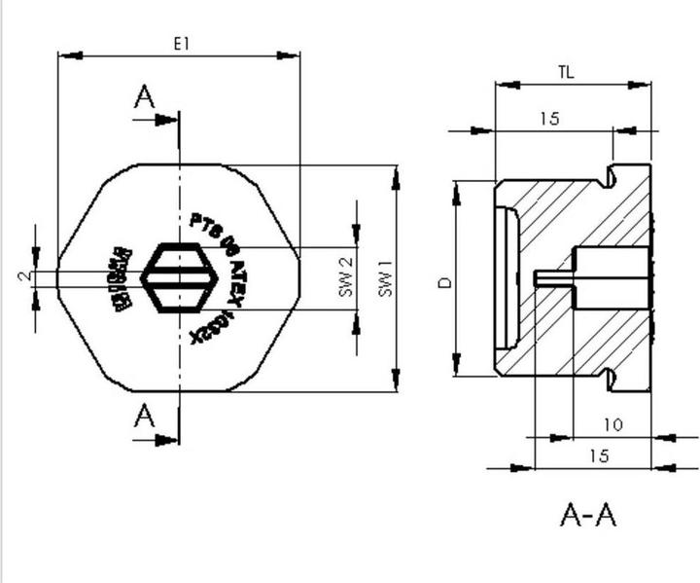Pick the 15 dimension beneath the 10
tap(600, 455)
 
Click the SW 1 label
tap(385, 278)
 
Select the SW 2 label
tap(344, 277)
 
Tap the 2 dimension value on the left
tap(24, 276)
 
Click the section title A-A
tap(588, 513)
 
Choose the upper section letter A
tap(144, 97)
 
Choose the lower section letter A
tap(144, 417)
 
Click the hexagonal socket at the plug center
tap(180, 277)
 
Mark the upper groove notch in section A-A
tap(612, 177)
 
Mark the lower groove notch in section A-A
tap(612, 378)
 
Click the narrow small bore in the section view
tap(554, 277)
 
